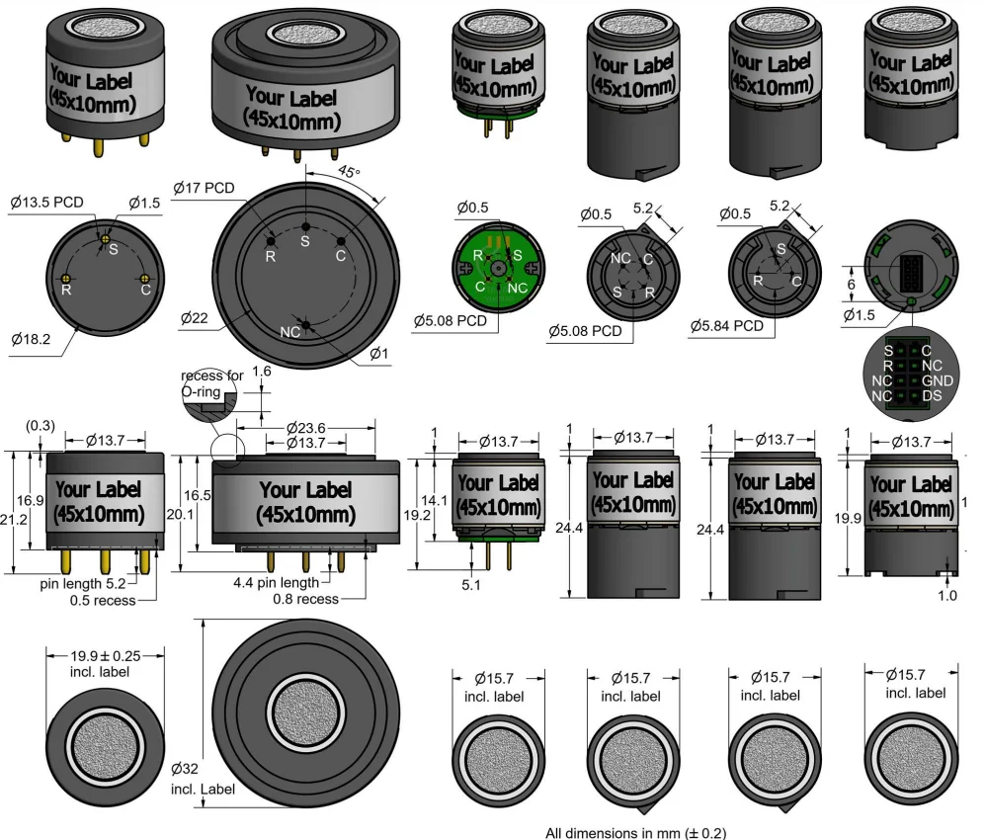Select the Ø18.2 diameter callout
[31, 339]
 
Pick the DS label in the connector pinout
[933, 396]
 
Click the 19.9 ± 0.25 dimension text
[105, 656]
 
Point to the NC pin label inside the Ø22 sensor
[290, 332]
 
